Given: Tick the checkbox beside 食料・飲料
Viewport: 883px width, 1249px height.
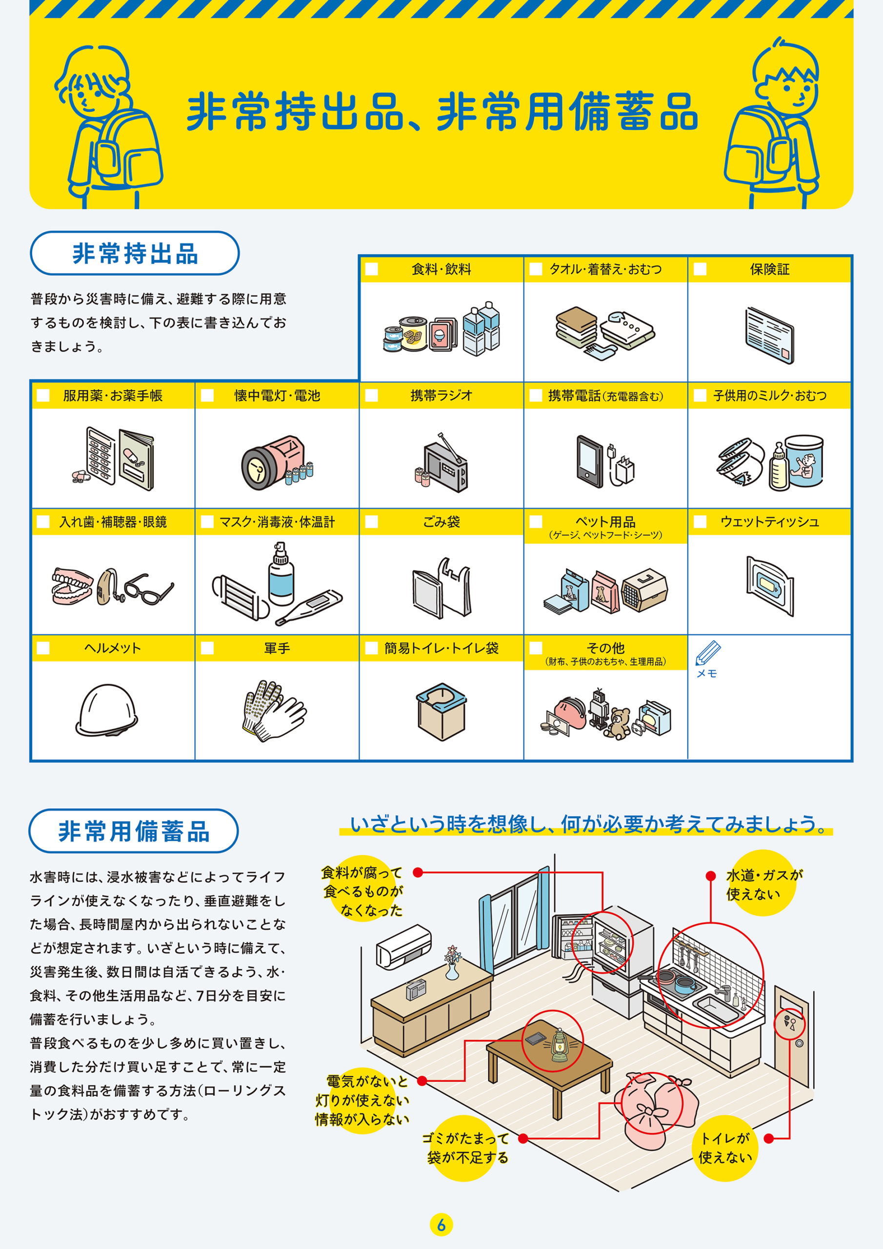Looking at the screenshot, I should tap(372, 269).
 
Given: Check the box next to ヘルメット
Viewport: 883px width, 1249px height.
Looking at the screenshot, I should tap(43, 648).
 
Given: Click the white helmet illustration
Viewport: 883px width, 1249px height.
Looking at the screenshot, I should tap(107, 709).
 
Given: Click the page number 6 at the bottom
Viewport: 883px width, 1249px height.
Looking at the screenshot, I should tap(441, 1225).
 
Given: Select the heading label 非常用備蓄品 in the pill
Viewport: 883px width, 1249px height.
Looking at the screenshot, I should tap(134, 831).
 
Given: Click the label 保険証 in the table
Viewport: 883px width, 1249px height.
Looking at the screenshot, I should tap(769, 269).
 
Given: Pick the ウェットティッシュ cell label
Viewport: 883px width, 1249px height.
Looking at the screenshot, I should tap(769, 522).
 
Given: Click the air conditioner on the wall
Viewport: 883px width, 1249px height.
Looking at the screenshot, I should tap(403, 947).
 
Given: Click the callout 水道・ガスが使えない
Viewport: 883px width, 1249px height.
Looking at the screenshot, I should tap(763, 884).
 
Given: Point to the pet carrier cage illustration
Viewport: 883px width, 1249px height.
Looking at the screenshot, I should tap(645, 590).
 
